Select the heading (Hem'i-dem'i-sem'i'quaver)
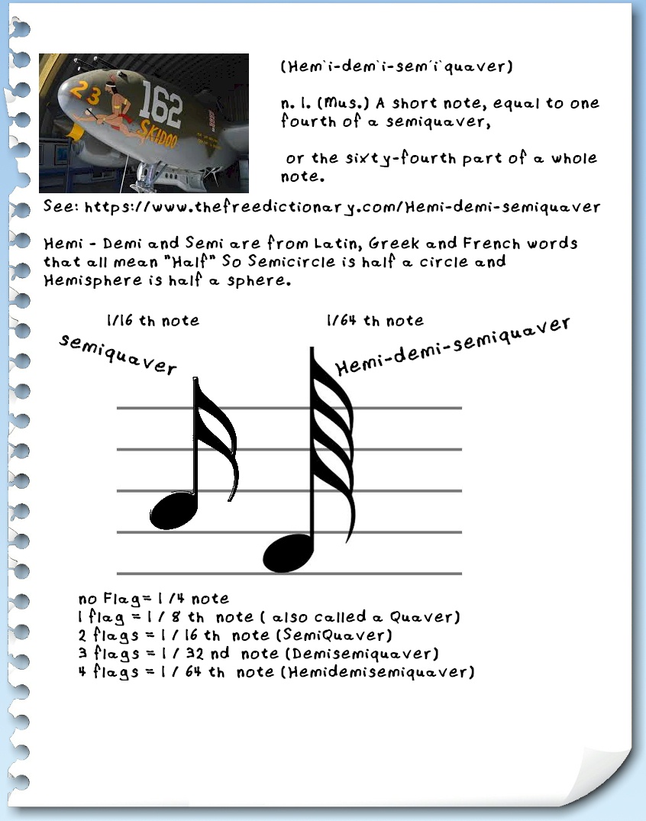(x=396, y=66)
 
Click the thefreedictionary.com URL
(x=341, y=206)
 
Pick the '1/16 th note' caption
(x=153, y=321)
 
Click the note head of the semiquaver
(x=173, y=510)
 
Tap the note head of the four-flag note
(x=287, y=551)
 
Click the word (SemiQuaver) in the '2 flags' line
(x=340, y=635)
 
